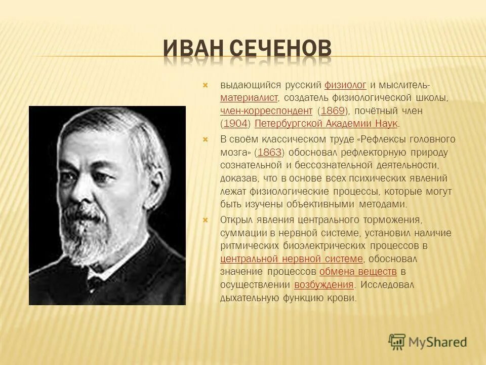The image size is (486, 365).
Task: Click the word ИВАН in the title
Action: coord(194,50)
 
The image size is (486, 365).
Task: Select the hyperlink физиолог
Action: coord(345,84)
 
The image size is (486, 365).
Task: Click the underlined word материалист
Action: coord(249,97)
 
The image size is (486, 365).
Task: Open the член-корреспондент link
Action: coord(266,111)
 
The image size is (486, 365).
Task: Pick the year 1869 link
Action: coord(333,111)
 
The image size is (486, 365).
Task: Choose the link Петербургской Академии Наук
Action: coord(327,124)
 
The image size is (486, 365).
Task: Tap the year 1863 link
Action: coord(269,152)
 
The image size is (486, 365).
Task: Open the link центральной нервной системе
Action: coord(292,259)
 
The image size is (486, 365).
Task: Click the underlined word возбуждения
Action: coord(324,285)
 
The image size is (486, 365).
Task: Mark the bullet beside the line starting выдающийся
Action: coord(206,85)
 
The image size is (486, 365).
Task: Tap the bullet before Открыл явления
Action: coord(206,220)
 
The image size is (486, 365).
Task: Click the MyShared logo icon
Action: coord(397,341)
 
